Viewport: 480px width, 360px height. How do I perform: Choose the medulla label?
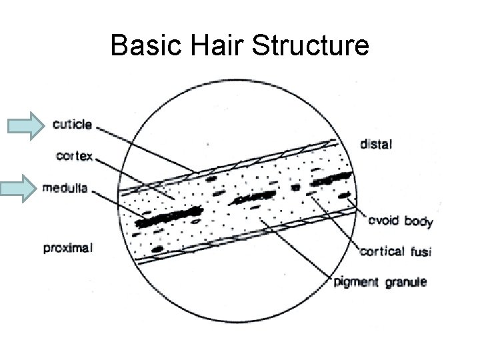point(65,188)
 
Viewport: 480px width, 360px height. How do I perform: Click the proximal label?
point(68,248)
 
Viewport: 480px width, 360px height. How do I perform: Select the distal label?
point(377,141)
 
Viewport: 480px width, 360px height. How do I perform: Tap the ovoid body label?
point(401,222)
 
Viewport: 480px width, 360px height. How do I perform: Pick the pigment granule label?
point(380,282)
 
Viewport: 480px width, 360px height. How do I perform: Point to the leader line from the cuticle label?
point(147,147)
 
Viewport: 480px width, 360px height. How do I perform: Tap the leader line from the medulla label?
point(120,202)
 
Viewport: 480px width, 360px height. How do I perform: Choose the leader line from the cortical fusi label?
point(337,223)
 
